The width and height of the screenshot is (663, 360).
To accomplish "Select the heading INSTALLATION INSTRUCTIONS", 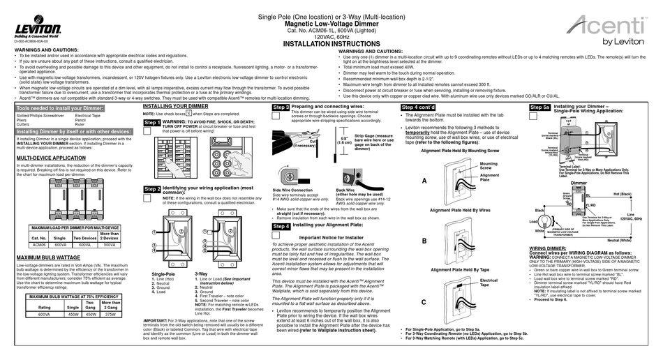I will click(308, 43).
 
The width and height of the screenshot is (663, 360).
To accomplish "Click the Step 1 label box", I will click(151, 123).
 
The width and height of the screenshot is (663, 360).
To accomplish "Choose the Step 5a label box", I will click(539, 108).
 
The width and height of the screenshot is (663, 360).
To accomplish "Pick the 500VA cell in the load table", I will click(110, 245).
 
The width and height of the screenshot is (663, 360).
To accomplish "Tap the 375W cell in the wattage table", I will click(110, 314).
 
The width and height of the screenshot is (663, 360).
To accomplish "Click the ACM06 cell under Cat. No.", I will click(38, 245).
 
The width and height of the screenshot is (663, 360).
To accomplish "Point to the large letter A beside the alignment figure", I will click(424, 180).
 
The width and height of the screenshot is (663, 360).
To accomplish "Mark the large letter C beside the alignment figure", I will click(424, 301).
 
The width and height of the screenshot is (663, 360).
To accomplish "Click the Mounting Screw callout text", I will click(489, 165).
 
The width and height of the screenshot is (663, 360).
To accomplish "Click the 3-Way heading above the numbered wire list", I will click(201, 274).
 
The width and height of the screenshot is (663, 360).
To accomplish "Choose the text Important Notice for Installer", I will click(332, 237).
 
